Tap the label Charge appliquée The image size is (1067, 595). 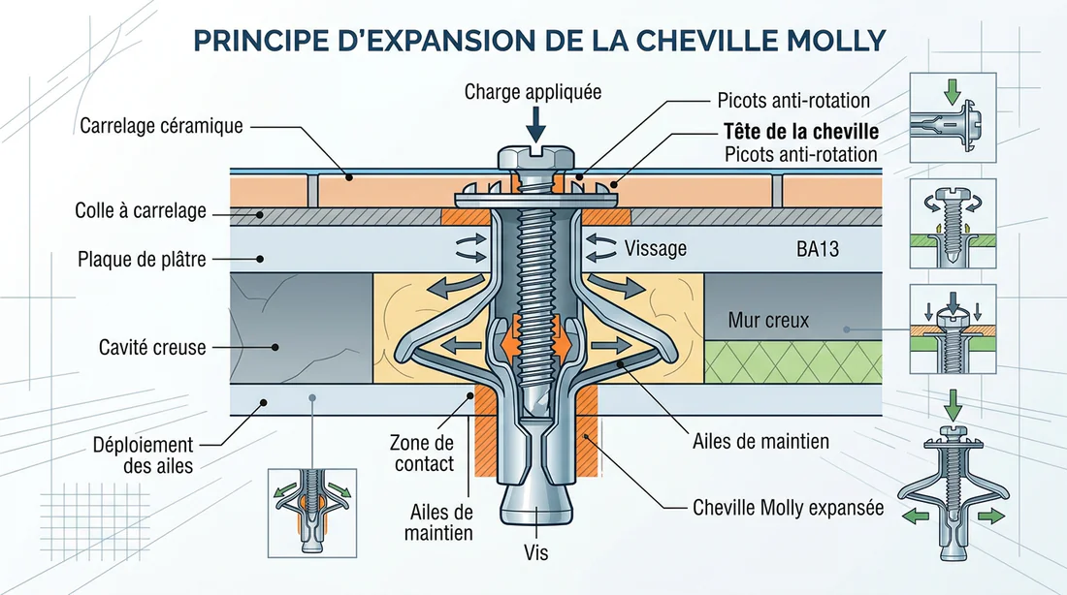click(533, 93)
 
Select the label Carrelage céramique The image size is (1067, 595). click(162, 126)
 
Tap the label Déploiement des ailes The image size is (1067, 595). click(145, 454)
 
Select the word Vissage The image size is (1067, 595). click(656, 249)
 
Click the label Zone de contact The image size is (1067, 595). click(424, 453)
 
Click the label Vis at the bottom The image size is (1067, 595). click(535, 552)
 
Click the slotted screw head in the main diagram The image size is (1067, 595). click(533, 157)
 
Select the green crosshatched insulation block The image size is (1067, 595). click(792, 366)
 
